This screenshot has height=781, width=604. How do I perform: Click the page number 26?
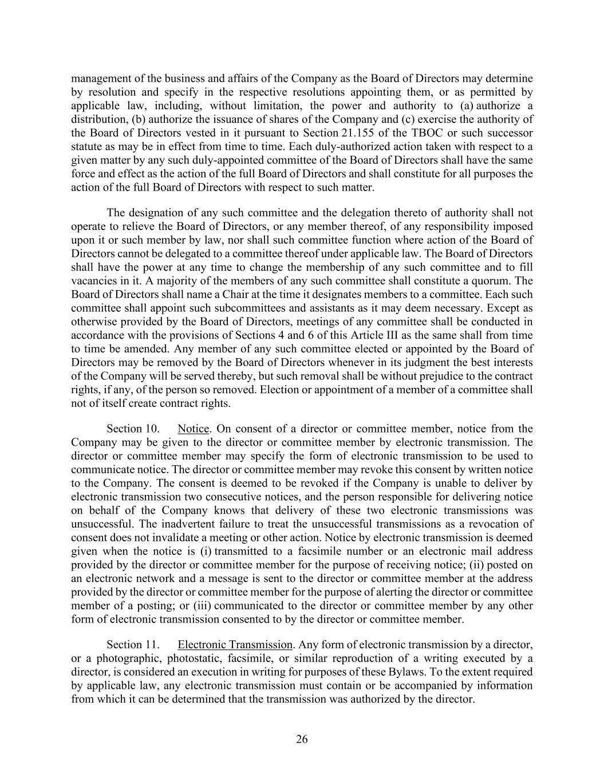[x=302, y=739]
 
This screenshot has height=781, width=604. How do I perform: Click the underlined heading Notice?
[x=194, y=429]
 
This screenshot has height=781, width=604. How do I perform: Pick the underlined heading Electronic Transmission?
[x=235, y=645]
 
